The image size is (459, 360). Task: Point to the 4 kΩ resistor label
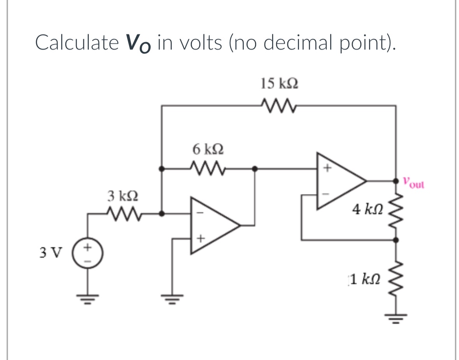(x=367, y=211)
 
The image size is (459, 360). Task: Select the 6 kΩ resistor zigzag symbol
(x=208, y=169)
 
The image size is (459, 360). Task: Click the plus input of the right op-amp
(x=327, y=169)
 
